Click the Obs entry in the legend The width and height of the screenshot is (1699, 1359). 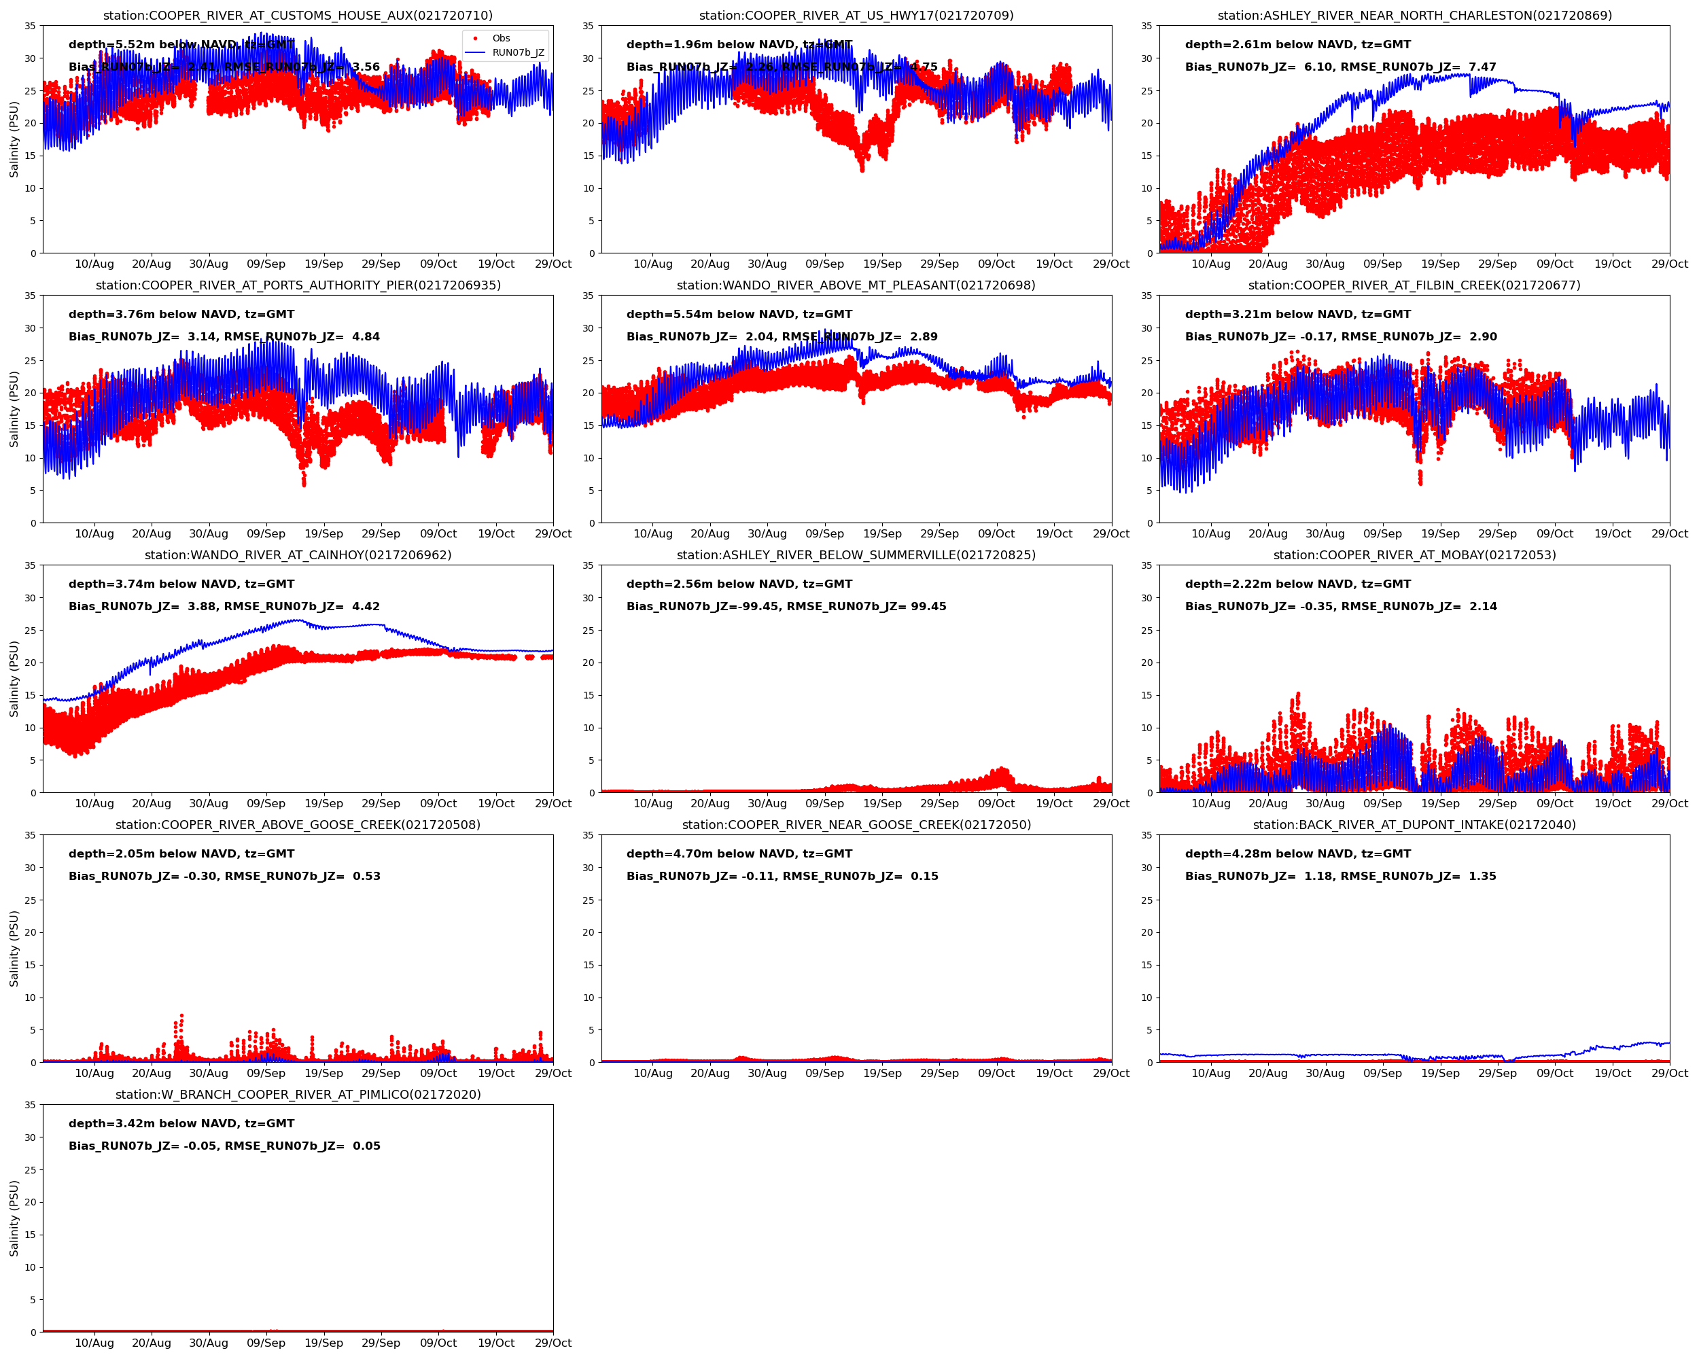[500, 38]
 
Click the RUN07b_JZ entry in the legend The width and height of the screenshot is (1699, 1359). [518, 53]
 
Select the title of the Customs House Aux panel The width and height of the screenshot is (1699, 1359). [298, 16]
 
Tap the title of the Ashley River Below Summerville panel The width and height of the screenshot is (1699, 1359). [856, 555]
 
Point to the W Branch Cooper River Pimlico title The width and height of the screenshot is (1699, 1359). [298, 1094]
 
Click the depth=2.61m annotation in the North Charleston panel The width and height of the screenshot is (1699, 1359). [1297, 45]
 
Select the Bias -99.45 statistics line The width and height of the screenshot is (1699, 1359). [786, 607]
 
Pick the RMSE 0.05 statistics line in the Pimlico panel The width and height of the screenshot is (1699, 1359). [224, 1146]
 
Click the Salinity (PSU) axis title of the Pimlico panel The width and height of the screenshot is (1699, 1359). [14, 1217]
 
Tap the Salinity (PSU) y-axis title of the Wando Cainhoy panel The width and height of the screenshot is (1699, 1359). [14, 678]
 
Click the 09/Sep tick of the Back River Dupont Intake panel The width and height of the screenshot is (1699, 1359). [1382, 1073]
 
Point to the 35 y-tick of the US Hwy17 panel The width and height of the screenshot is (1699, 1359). [588, 26]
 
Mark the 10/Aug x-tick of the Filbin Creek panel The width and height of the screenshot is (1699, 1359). [1210, 534]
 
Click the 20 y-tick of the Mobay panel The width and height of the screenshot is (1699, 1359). [1146, 663]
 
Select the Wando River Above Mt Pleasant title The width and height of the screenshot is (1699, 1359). [856, 285]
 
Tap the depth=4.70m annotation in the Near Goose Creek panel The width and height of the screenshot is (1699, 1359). [739, 854]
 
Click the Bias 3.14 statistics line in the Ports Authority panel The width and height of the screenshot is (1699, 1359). [224, 337]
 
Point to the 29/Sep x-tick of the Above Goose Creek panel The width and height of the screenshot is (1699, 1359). [381, 1073]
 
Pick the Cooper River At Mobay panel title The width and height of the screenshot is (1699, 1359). [1414, 555]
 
